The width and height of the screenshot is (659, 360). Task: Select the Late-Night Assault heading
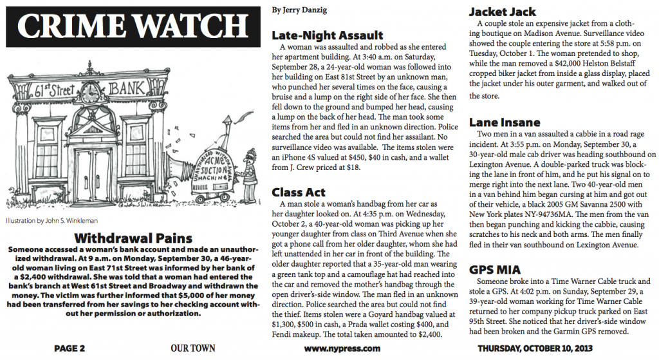(x=328, y=35)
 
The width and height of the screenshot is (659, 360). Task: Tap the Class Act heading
(x=299, y=192)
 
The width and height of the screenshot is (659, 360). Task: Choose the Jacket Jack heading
(x=502, y=12)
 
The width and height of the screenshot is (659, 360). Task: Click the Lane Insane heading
(x=505, y=122)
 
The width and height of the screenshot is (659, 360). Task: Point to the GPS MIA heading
(x=495, y=269)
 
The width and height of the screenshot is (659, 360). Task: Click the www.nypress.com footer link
(x=342, y=349)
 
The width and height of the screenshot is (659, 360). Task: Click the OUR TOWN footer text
(x=193, y=349)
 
